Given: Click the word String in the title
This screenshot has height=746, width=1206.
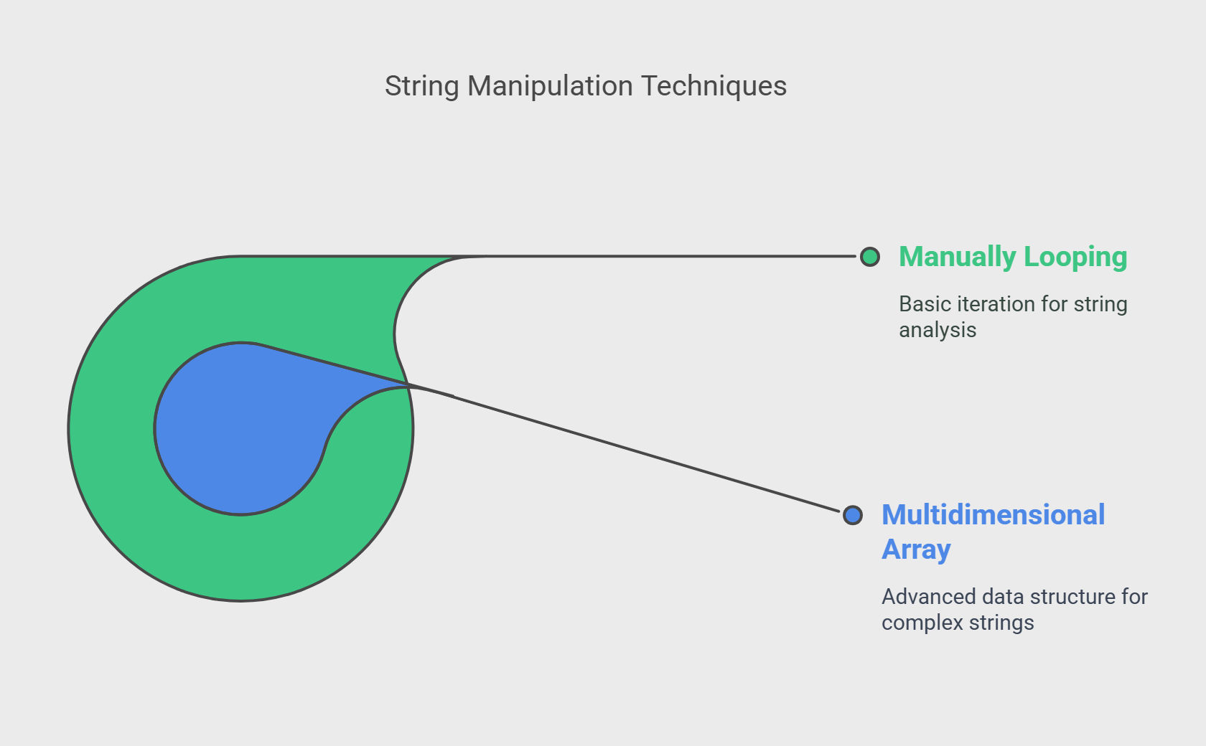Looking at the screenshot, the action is [421, 87].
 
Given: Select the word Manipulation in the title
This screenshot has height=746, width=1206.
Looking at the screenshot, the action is [550, 87].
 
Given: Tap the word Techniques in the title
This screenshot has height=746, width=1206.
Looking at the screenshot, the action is [714, 85].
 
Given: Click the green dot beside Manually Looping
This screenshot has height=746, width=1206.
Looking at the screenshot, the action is [869, 257].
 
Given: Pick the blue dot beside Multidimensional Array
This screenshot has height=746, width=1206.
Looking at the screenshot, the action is [852, 515].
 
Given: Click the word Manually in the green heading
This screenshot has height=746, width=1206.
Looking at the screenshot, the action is [958, 257].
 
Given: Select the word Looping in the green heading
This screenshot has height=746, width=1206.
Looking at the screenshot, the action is [1075, 257].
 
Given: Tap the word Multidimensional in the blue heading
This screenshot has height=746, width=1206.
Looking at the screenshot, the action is [993, 515].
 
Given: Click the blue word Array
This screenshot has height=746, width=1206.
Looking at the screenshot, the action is [916, 549].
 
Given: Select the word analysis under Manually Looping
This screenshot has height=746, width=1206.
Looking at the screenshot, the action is [938, 330].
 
